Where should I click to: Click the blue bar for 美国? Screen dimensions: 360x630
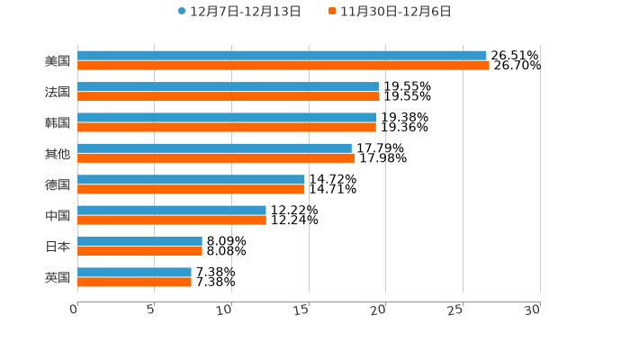pyautogui.click(x=282, y=56)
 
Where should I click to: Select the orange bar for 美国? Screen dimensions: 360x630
pyautogui.click(x=283, y=66)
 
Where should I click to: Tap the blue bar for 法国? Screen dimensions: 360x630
pyautogui.click(x=228, y=86)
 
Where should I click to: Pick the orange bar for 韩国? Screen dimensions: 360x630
pyautogui.click(x=227, y=127)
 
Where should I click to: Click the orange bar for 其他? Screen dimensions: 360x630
pyautogui.click(x=216, y=158)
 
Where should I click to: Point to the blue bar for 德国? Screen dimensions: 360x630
pyautogui.click(x=191, y=179)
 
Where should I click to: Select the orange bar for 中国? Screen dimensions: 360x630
pyautogui.click(x=172, y=220)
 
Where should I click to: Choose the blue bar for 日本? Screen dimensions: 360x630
pyautogui.click(x=139, y=241)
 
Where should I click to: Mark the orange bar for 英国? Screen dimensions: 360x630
pyautogui.click(x=134, y=282)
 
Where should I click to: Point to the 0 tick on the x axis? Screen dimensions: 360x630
pyautogui.click(x=74, y=310)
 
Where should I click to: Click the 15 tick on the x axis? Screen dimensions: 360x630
pyautogui.click(x=302, y=310)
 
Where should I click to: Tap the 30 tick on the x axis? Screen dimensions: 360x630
pyautogui.click(x=533, y=310)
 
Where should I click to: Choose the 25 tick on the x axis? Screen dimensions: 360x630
pyautogui.click(x=456, y=310)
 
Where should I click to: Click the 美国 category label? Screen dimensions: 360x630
pyautogui.click(x=58, y=61)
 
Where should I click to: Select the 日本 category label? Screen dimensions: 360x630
pyautogui.click(x=58, y=247)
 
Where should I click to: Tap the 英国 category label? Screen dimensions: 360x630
pyautogui.click(x=58, y=277)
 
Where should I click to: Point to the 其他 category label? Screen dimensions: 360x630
pyautogui.click(x=58, y=154)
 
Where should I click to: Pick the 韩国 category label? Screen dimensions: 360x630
pyautogui.click(x=58, y=122)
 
